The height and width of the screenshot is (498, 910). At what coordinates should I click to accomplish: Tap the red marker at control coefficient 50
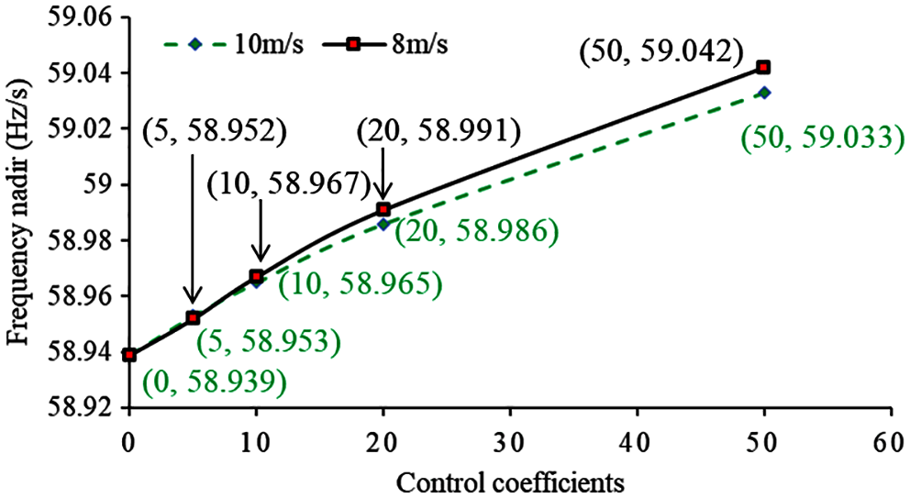(x=763, y=67)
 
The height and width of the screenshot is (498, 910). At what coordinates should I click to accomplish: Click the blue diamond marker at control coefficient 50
(x=764, y=93)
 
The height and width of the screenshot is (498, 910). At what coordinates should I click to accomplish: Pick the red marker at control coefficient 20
(x=383, y=209)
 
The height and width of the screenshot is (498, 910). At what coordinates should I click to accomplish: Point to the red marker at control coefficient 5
(x=193, y=317)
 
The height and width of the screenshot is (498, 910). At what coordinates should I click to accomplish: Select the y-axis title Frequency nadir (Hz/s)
(x=19, y=211)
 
